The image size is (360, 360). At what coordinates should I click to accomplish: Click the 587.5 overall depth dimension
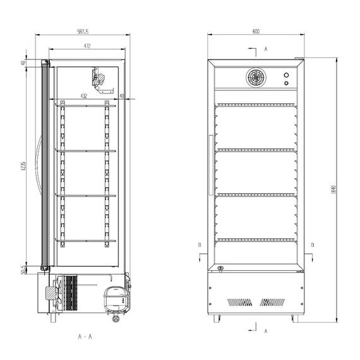pyautogui.click(x=82, y=31)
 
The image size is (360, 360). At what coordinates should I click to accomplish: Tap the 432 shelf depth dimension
pyautogui.click(x=83, y=96)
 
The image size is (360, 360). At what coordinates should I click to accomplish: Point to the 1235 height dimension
pyautogui.click(x=23, y=167)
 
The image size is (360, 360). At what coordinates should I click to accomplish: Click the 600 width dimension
pyautogui.click(x=256, y=31)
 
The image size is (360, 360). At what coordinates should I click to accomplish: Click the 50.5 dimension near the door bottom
pyautogui.click(x=23, y=270)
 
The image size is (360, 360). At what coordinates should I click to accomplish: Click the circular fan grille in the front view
pyautogui.click(x=256, y=78)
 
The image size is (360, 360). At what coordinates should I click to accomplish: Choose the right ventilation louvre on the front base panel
pyautogui.click(x=273, y=302)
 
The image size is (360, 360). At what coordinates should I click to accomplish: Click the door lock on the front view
pyautogui.click(x=220, y=269)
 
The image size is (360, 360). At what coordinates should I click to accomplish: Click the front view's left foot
pyautogui.click(x=217, y=318)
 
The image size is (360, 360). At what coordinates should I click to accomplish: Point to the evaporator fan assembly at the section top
pyautogui.click(x=99, y=80)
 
